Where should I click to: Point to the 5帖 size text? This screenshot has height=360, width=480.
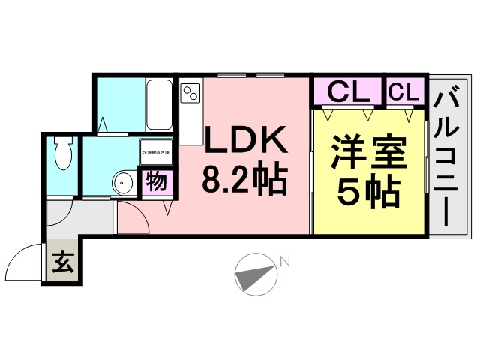tap(368, 193)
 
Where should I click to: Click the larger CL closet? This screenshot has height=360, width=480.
tap(349, 93)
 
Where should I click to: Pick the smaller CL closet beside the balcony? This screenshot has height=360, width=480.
tap(404, 93)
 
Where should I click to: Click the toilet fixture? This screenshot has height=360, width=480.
tap(64, 156)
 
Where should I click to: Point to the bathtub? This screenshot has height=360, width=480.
tap(160, 104)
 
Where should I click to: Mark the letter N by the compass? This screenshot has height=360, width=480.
tap(285, 260)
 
